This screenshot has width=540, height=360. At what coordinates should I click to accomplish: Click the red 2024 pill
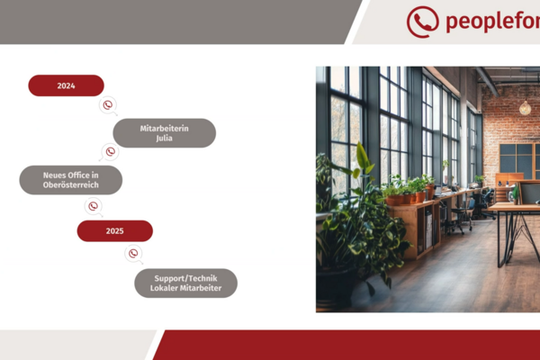(x=66, y=85)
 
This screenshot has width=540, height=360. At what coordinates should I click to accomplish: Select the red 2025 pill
(x=114, y=230)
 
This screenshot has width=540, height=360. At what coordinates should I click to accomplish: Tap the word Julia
(x=165, y=138)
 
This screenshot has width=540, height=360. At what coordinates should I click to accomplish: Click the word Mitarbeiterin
(x=165, y=129)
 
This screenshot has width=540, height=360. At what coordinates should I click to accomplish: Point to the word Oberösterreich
(x=70, y=185)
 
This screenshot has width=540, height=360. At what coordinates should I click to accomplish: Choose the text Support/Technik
(x=185, y=278)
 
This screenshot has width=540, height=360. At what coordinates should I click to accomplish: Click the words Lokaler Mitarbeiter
(x=185, y=288)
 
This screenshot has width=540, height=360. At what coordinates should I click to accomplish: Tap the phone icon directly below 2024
(x=108, y=105)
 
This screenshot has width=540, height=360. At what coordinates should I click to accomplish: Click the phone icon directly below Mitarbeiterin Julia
(x=110, y=152)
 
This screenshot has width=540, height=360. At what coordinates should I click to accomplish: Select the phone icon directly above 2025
(x=94, y=206)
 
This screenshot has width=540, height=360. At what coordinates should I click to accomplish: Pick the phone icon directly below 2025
(x=133, y=254)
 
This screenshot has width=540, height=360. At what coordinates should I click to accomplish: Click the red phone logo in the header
(x=423, y=22)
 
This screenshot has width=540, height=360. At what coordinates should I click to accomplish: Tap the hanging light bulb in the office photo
(x=525, y=108)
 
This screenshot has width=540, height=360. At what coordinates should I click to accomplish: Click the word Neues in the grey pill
(x=54, y=175)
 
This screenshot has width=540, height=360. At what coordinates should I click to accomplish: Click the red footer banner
(x=347, y=345)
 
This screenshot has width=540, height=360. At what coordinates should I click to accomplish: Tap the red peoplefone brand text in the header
(x=493, y=22)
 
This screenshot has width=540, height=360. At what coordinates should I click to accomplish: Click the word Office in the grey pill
(x=78, y=175)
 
